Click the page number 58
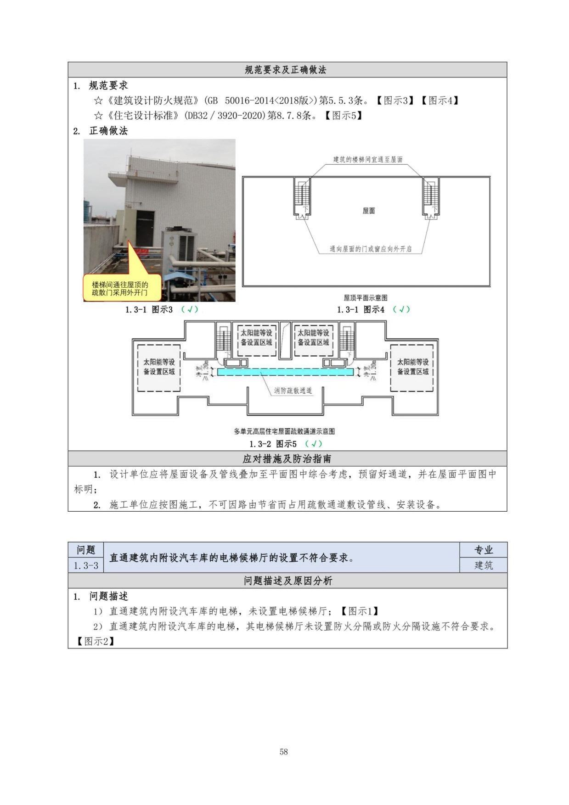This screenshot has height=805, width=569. tap(283, 751)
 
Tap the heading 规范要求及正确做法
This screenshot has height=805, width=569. tap(285, 70)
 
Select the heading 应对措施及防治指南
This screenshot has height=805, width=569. tap(287, 458)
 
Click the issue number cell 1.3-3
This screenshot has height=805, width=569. tap(86, 565)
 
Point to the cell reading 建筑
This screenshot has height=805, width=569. tap(484, 565)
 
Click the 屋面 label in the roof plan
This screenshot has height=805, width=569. tap(369, 211)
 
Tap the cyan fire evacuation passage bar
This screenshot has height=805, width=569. tap(285, 372)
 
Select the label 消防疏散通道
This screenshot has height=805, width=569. tap(293, 391)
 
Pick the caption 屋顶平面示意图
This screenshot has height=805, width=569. tap(366, 298)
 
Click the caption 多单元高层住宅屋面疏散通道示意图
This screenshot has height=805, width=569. tap(284, 431)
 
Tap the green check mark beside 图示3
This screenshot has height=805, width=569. tap(190, 309)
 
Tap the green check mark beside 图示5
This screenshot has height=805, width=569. tap(314, 444)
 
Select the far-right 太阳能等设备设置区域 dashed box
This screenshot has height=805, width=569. tap(412, 368)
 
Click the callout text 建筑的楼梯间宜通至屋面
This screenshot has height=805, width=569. tap(368, 160)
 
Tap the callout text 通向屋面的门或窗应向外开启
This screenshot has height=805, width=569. tap(371, 249)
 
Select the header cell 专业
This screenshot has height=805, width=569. tap(484, 550)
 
